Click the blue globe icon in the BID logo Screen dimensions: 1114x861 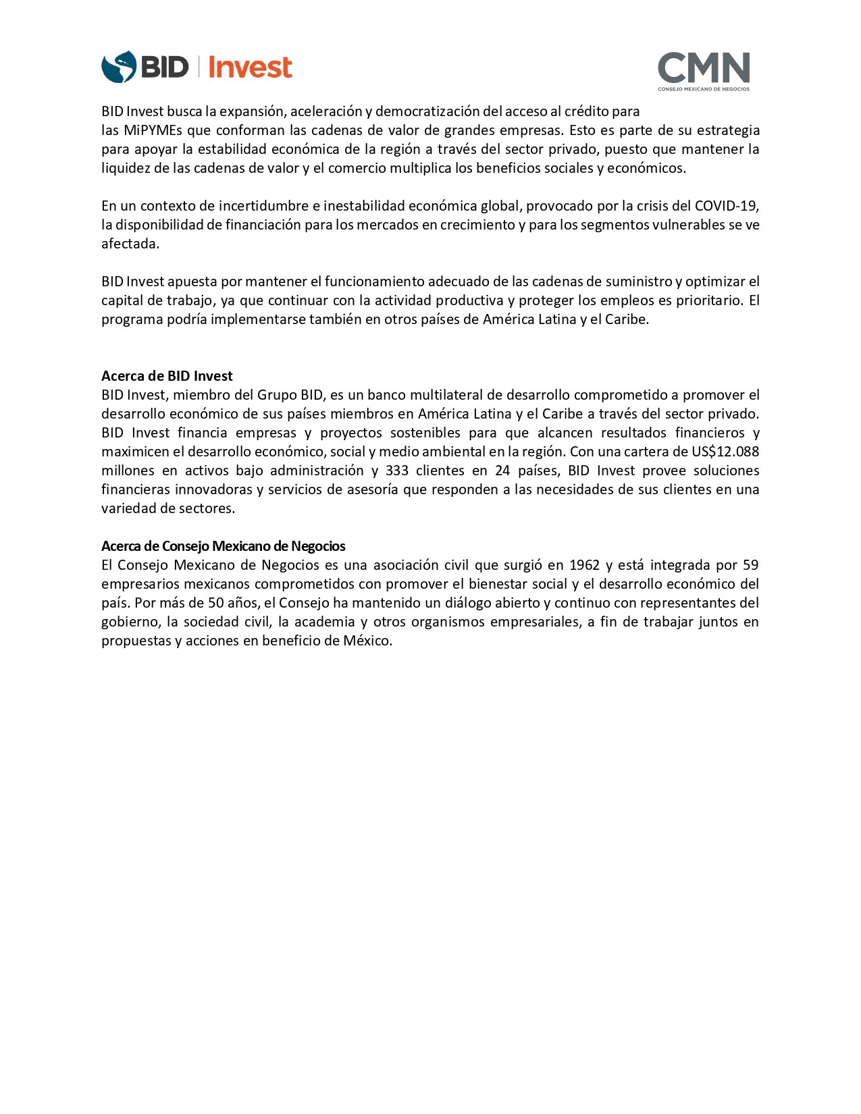click(118, 67)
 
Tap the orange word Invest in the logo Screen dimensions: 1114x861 click(250, 68)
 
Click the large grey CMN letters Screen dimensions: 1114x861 click(704, 67)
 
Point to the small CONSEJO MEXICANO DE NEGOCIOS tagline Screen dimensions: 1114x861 click(704, 89)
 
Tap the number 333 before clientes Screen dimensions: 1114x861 click(397, 471)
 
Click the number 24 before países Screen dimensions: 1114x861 click(502, 471)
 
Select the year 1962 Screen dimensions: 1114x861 click(584, 565)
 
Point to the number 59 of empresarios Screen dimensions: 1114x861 click(750, 565)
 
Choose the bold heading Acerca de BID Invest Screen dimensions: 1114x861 click(167, 376)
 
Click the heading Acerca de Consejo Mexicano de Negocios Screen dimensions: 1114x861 click(223, 546)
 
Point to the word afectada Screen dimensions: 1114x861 click(130, 244)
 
